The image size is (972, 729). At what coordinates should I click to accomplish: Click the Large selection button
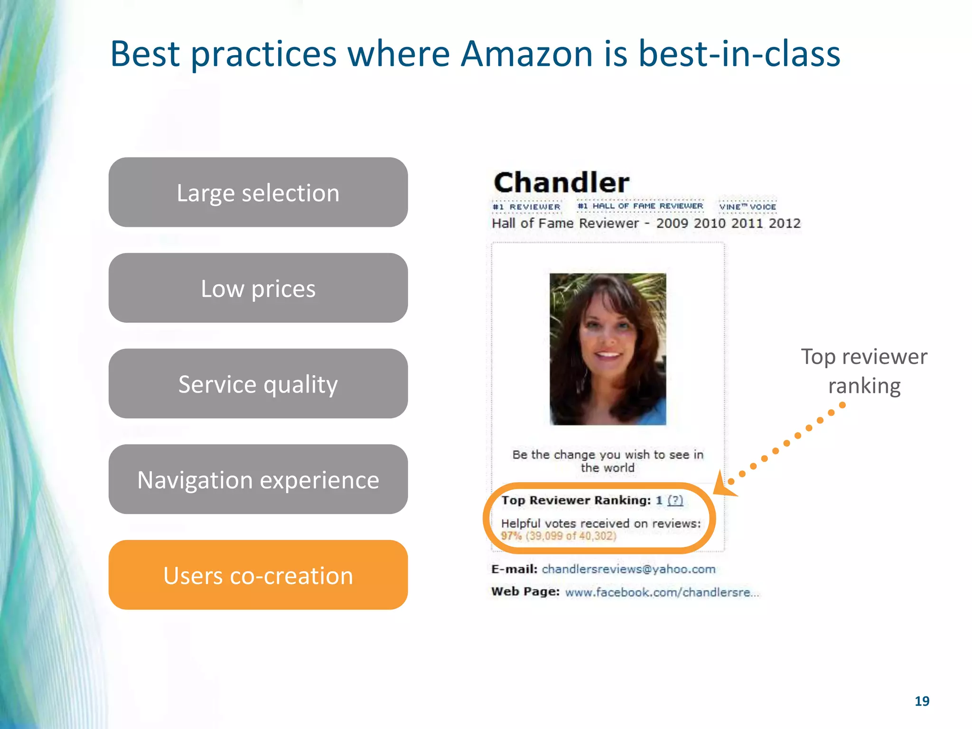pos(258,192)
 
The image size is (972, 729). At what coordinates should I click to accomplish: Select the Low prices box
pos(258,288)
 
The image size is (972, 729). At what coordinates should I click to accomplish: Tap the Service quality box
pos(258,383)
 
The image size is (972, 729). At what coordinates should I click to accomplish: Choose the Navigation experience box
pos(258,479)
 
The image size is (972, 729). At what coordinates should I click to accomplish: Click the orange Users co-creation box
pos(258,575)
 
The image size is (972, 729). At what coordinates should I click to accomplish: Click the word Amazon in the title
pos(527,54)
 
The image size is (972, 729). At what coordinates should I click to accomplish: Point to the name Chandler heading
pos(561,182)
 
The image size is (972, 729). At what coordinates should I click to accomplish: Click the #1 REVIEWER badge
pos(526,207)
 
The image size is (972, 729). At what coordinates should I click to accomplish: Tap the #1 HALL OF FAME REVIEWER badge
pos(640,206)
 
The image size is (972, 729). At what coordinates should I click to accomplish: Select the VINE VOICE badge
pos(748,206)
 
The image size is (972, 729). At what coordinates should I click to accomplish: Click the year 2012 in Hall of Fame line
pos(785,223)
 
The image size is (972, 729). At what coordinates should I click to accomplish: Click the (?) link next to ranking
pos(675,500)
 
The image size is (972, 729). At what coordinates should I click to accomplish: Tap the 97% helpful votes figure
pos(511,536)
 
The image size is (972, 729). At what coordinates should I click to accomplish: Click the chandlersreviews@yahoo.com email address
pos(628,569)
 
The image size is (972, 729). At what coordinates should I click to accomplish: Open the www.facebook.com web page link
pos(662,592)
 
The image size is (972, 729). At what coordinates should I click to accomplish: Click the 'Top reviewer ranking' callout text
pos(864,371)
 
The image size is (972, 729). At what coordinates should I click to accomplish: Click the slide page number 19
pos(922,701)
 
